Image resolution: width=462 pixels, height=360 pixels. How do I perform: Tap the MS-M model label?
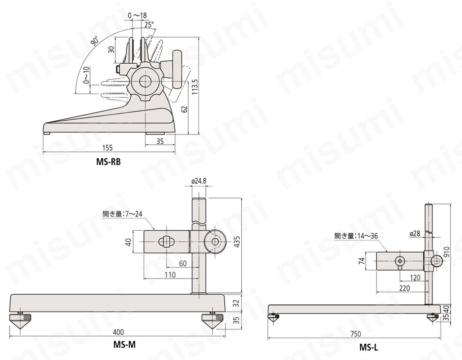(x=124, y=344)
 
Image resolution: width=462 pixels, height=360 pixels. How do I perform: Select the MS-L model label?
(x=369, y=348)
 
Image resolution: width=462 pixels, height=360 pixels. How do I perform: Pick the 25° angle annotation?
(x=149, y=24)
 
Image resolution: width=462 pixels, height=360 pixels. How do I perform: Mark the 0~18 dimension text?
(x=137, y=16)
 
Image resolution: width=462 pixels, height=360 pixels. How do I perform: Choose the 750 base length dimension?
(x=355, y=334)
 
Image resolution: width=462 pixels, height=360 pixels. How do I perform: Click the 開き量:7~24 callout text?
(x=121, y=214)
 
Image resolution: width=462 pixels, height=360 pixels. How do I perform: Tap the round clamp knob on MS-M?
(x=216, y=242)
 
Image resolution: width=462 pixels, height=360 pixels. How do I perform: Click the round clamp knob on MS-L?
(x=437, y=261)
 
